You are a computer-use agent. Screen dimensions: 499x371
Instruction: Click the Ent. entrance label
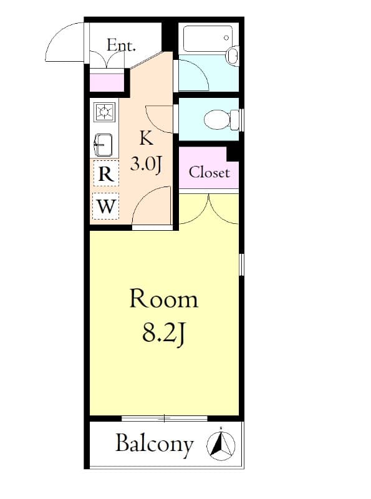pos(121,45)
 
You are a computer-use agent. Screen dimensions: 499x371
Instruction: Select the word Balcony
pos(154,444)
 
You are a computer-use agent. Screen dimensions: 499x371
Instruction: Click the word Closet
pos(209,172)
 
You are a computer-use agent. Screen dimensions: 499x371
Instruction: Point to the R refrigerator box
pos(106,175)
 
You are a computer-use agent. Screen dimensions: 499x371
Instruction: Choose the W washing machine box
pos(106,206)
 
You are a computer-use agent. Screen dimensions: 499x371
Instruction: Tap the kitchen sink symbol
pos(104,146)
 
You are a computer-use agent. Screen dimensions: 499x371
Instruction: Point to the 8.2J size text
pos(163,334)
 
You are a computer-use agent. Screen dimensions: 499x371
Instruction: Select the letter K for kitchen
pos(146,138)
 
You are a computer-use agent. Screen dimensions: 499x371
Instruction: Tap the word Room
pos(163,299)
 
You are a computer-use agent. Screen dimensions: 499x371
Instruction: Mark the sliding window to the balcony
pos(164,418)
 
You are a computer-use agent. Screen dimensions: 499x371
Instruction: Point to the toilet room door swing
pos(161,119)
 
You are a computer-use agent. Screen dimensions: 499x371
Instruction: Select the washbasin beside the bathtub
pos(233,57)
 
